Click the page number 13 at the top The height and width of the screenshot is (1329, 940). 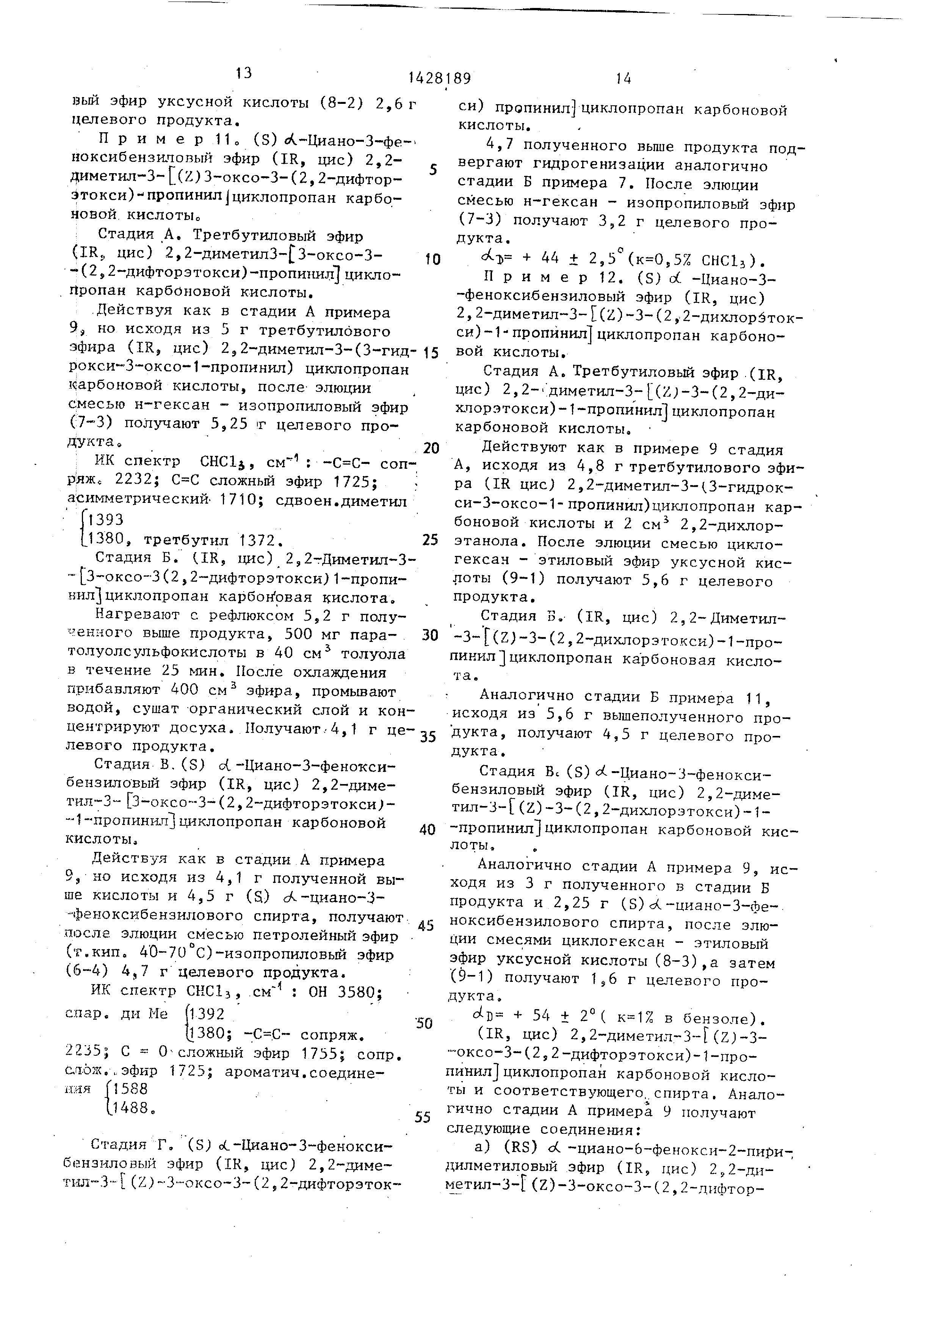coord(244,73)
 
